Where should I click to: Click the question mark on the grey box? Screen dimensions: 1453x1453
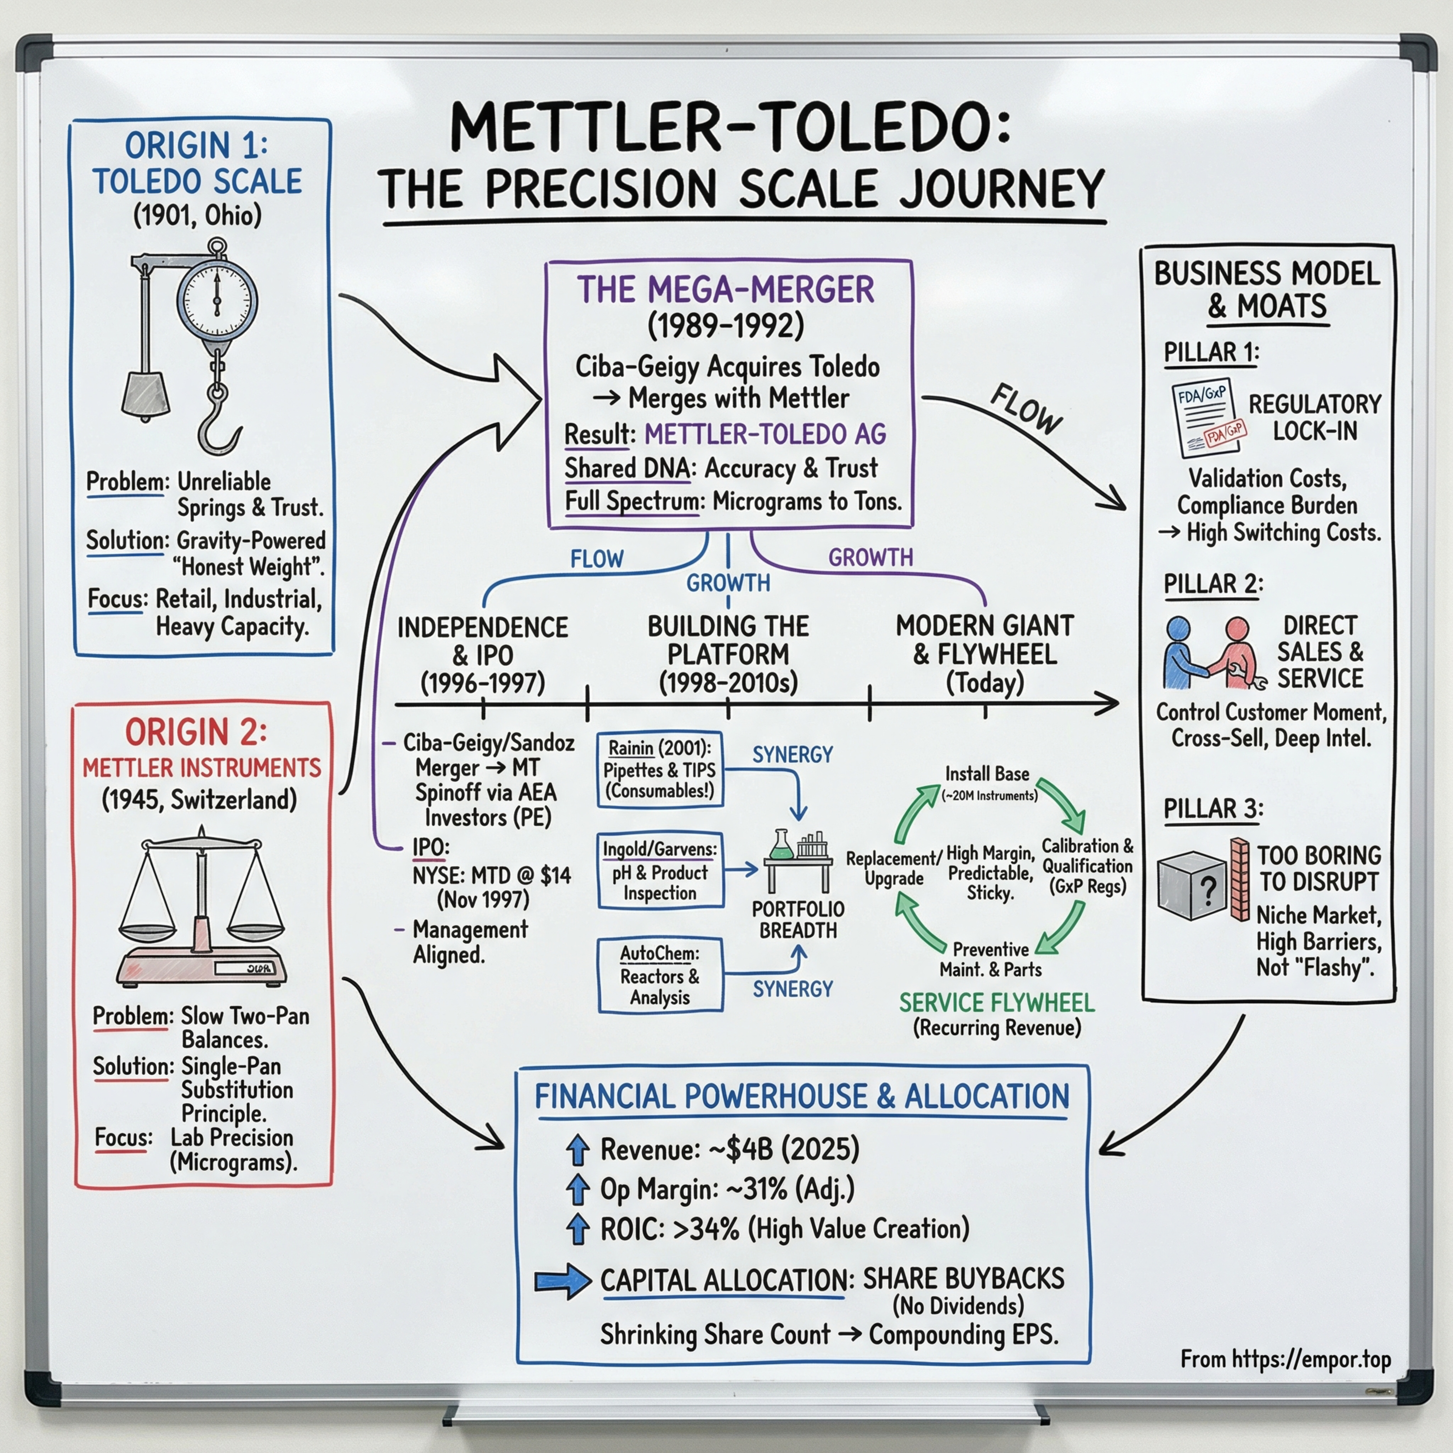pyautogui.click(x=1208, y=891)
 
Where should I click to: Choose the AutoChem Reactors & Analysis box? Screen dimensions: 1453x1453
pyautogui.click(x=660, y=974)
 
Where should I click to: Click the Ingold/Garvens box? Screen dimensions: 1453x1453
pyautogui.click(x=660, y=871)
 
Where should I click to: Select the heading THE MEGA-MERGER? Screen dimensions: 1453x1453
pyautogui.click(x=725, y=290)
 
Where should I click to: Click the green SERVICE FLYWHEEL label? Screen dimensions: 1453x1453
pyautogui.click(x=996, y=1003)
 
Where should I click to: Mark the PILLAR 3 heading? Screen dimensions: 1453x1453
pyautogui.click(x=1212, y=808)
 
